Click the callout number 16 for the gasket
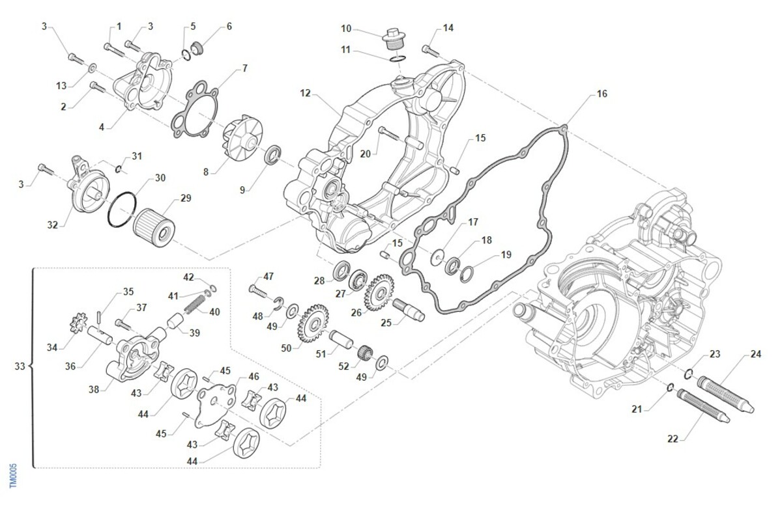point(601,94)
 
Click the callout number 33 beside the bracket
point(20,366)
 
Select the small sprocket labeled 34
point(78,323)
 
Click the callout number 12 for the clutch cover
point(305,93)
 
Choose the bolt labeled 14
point(429,48)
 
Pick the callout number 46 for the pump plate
point(253,376)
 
